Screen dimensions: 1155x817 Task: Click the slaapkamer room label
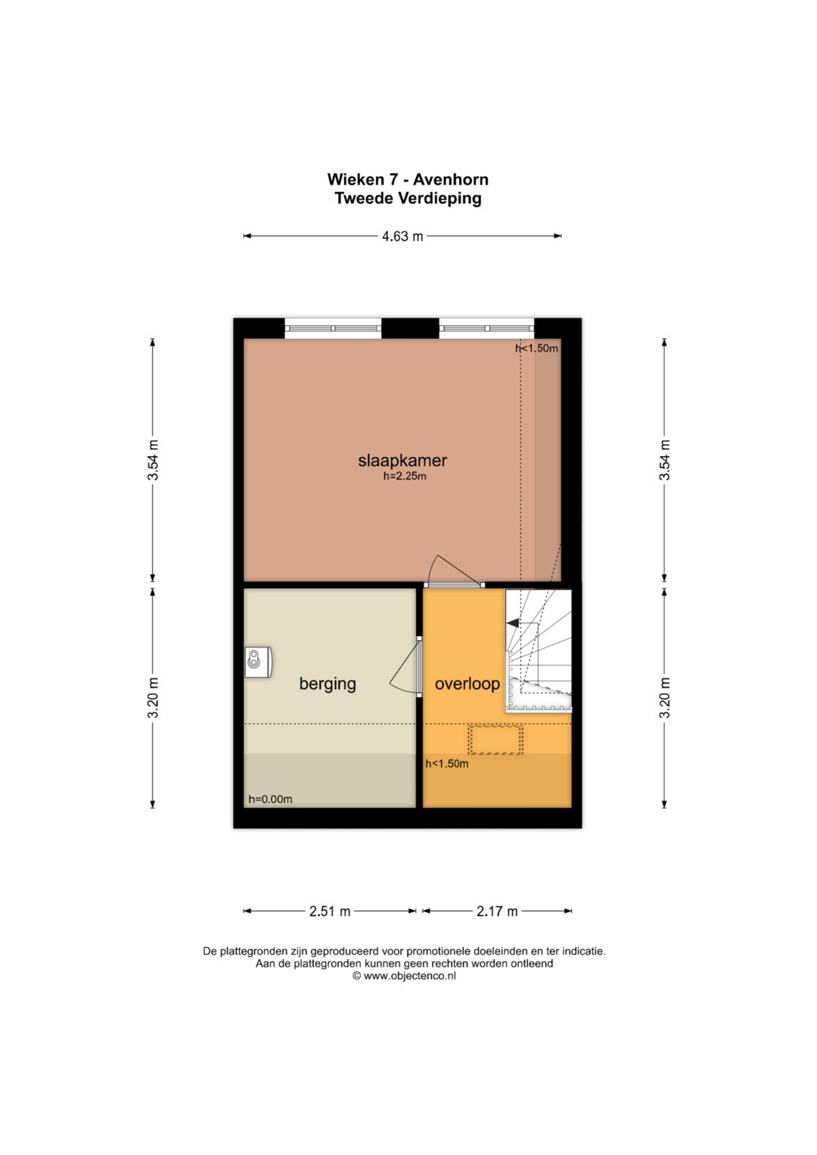pyautogui.click(x=402, y=460)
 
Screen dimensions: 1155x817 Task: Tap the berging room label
pyautogui.click(x=327, y=684)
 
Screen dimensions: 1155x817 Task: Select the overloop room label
pyautogui.click(x=467, y=684)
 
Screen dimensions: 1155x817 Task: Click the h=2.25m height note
pyautogui.click(x=405, y=477)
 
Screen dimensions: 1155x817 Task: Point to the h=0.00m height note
pyautogui.click(x=270, y=799)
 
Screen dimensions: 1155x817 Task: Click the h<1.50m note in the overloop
pyautogui.click(x=446, y=764)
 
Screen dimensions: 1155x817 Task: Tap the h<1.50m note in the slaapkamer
pyautogui.click(x=536, y=349)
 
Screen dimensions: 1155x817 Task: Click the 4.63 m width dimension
pyautogui.click(x=402, y=236)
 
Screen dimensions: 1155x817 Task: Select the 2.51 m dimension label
pyautogui.click(x=330, y=911)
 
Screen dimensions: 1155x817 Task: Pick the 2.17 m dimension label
pyautogui.click(x=497, y=911)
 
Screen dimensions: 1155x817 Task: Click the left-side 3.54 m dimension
pyautogui.click(x=154, y=460)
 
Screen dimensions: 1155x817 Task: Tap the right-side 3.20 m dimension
pyautogui.click(x=665, y=697)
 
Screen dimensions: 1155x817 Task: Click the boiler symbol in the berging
pyautogui.click(x=257, y=660)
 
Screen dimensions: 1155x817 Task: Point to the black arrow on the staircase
pyautogui.click(x=514, y=623)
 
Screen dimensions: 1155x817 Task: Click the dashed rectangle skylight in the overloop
pyautogui.click(x=495, y=739)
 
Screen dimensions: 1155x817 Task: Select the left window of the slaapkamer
pyautogui.click(x=333, y=328)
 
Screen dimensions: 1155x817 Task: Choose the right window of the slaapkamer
pyautogui.click(x=487, y=328)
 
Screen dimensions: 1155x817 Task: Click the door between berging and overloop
pyautogui.click(x=418, y=666)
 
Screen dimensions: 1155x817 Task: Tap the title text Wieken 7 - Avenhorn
pyautogui.click(x=408, y=179)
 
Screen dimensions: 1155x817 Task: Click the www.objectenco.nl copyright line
pyautogui.click(x=404, y=976)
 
